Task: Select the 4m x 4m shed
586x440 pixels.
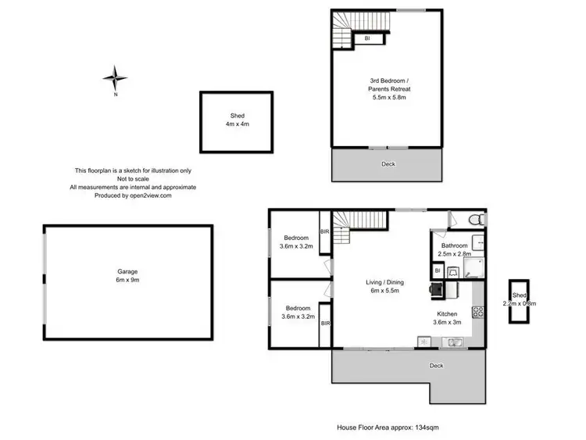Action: pos(237,121)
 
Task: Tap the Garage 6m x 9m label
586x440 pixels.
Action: pos(127,276)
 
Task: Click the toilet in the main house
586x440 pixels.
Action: pos(474,221)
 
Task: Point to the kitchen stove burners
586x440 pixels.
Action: pos(477,311)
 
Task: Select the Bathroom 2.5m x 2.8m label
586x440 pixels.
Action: pos(454,249)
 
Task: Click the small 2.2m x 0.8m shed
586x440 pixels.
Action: pos(517,301)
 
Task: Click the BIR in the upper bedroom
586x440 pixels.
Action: pos(325,231)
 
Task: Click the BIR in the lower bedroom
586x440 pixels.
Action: pos(325,323)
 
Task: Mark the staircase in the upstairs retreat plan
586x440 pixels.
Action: pos(343,30)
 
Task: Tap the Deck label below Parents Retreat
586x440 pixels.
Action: pos(388,164)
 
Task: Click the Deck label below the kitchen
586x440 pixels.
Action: pos(435,365)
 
